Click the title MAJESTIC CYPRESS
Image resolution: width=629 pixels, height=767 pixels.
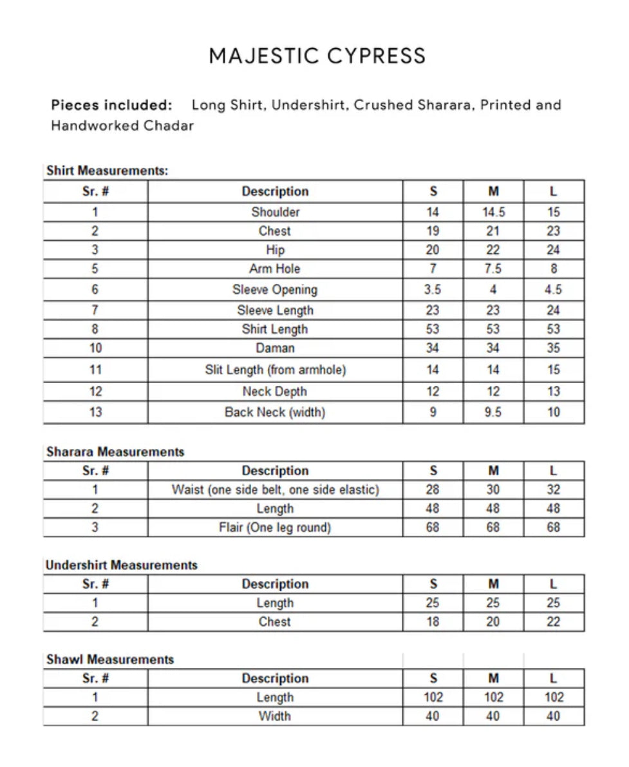(x=317, y=56)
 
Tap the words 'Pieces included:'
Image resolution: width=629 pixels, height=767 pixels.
(x=111, y=105)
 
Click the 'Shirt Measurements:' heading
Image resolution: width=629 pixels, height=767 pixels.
(x=108, y=171)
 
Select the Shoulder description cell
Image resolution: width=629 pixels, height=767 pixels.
(x=275, y=212)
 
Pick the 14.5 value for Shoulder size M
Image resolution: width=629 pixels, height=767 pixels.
(x=493, y=212)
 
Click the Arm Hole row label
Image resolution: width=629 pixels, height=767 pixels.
(x=275, y=269)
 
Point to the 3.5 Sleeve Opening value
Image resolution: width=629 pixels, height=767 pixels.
(x=433, y=289)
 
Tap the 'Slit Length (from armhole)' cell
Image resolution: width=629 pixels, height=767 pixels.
(x=275, y=370)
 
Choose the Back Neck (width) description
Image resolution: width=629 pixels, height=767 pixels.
(x=275, y=412)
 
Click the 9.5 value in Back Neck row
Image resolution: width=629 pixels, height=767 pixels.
(x=493, y=412)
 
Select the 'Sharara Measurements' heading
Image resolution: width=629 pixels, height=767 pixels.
(x=115, y=452)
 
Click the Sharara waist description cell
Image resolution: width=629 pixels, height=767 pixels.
(x=275, y=489)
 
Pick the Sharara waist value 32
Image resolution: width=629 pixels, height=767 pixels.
(x=554, y=489)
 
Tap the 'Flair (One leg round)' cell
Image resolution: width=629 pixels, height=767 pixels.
(x=275, y=527)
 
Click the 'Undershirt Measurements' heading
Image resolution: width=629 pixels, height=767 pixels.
(x=122, y=565)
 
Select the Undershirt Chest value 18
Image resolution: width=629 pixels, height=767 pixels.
(x=433, y=622)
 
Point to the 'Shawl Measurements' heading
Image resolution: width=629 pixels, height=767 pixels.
(x=110, y=659)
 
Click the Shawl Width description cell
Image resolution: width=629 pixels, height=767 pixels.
(x=275, y=716)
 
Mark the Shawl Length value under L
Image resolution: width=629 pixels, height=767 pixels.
(x=554, y=697)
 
